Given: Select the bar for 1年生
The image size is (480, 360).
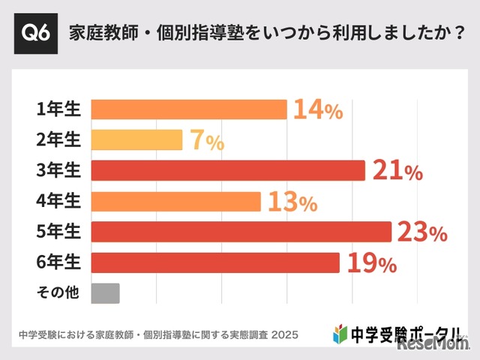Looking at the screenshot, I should (189, 109).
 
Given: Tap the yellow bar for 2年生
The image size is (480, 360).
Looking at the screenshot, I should (136, 140).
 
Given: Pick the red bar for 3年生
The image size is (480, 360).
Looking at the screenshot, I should (228, 171).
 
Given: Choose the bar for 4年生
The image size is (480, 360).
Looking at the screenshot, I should (175, 202).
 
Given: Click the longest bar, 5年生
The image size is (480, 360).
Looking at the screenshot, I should (241, 232).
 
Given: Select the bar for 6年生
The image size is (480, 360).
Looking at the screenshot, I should (215, 262).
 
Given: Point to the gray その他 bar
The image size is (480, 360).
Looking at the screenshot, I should (105, 293).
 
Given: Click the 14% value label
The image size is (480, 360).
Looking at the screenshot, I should (317, 110).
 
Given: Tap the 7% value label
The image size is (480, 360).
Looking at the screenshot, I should (205, 141).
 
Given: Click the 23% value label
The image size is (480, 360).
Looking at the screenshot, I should (421, 232).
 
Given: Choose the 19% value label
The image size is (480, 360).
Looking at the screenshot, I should (370, 263).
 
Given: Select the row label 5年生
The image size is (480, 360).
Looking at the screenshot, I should (58, 232).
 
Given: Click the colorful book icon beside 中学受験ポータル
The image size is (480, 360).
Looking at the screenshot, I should (339, 332).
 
